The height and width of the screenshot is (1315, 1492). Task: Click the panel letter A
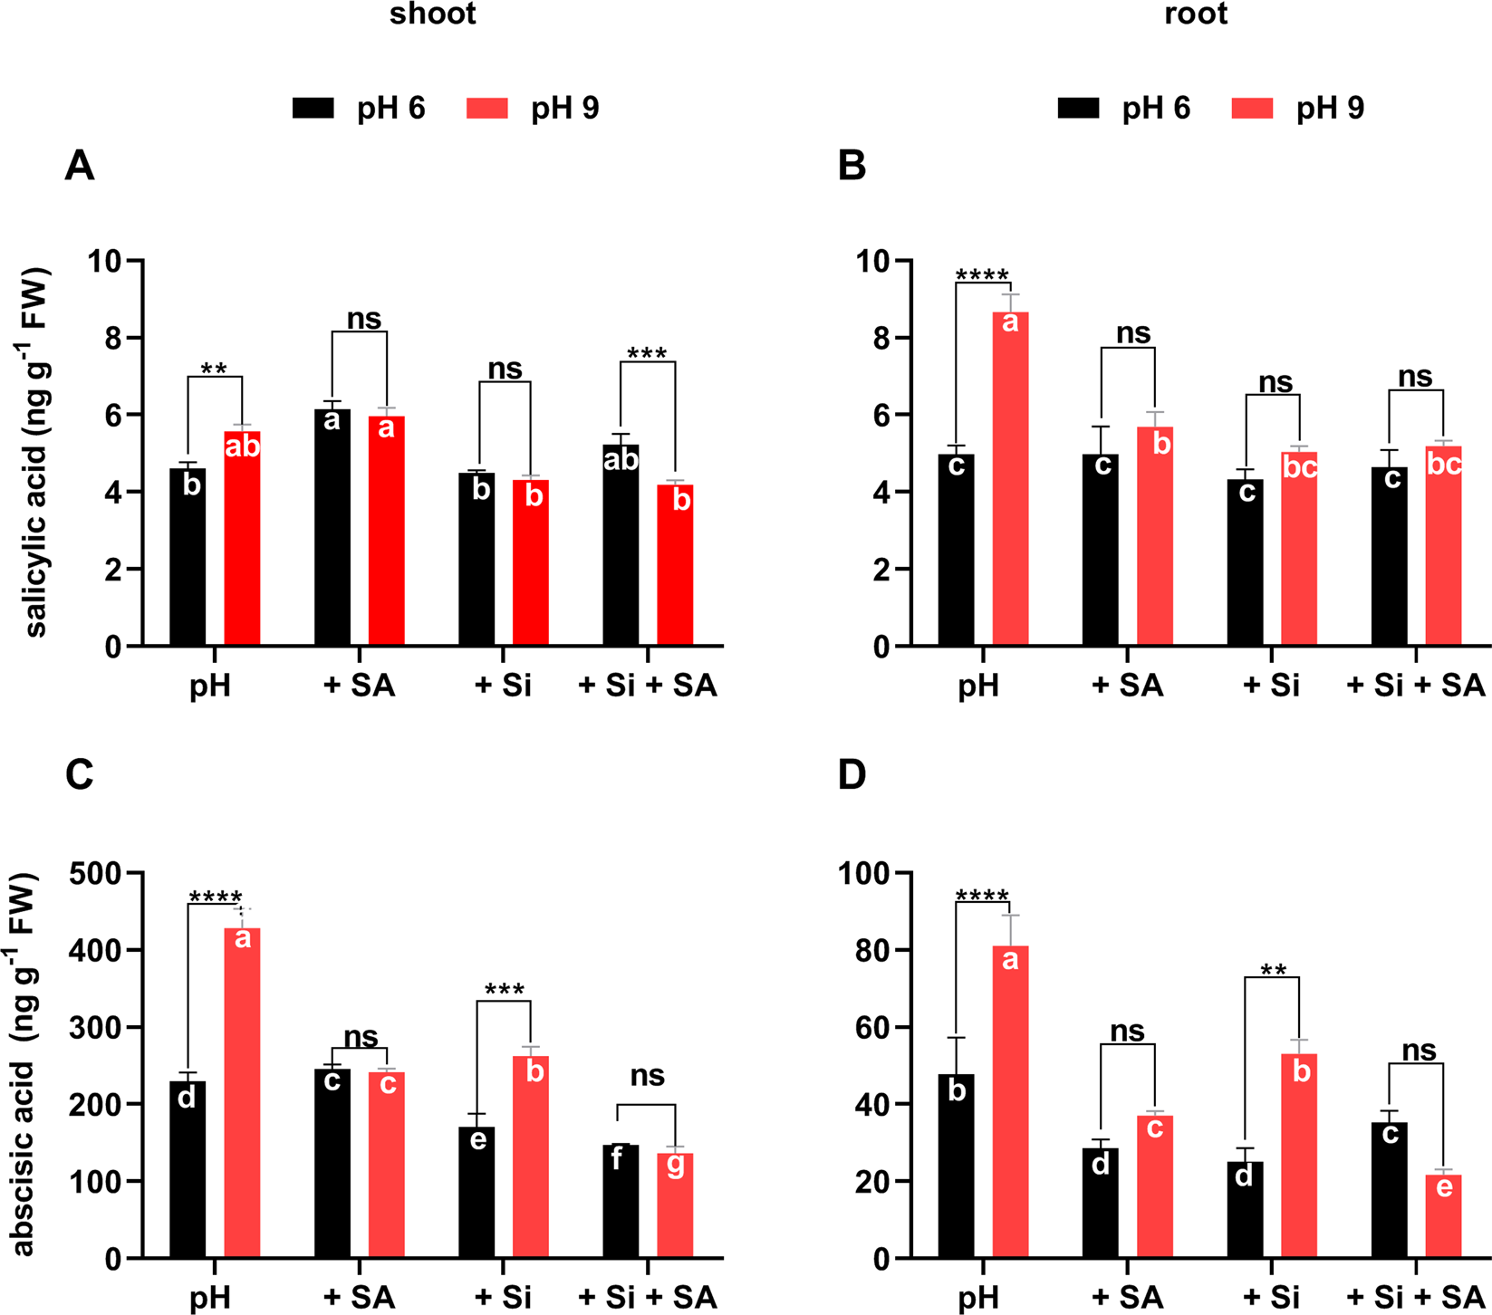point(80,167)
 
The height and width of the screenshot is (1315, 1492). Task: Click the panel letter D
point(852,775)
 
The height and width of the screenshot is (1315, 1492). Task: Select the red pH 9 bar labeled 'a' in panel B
point(1010,478)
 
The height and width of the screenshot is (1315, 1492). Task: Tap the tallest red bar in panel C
point(242,1091)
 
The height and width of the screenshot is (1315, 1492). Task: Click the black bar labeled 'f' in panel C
point(621,1201)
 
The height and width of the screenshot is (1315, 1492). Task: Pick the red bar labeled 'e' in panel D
point(1443,1216)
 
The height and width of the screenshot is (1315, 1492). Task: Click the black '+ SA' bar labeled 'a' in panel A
point(332,527)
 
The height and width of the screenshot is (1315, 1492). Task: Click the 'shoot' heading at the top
point(432,14)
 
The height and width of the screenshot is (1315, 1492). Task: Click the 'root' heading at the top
point(1196,14)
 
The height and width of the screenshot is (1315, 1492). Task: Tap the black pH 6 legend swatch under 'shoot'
point(313,109)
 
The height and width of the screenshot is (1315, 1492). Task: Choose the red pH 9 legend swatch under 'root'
point(1253,109)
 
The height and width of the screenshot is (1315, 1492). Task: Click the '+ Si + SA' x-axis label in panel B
point(1416,686)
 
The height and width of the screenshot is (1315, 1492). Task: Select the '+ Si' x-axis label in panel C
point(503,1298)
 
